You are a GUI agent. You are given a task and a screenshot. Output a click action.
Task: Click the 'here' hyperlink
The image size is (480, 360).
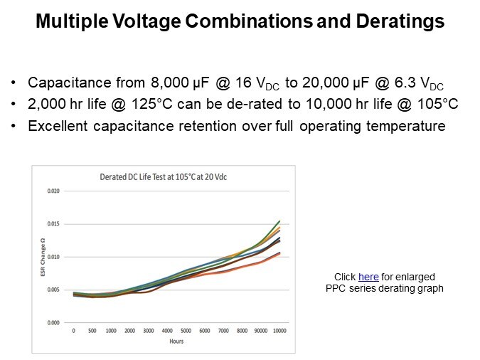(368, 277)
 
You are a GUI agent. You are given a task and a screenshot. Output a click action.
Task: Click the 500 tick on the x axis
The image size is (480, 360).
(92, 332)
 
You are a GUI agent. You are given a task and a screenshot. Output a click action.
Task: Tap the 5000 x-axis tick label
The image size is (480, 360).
(186, 332)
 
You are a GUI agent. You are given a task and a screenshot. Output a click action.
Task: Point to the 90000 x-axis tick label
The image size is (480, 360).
(261, 332)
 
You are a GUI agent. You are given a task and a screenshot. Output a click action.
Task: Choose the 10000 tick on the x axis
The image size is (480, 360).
(279, 332)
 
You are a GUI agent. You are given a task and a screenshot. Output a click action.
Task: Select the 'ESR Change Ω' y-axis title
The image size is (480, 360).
(41, 256)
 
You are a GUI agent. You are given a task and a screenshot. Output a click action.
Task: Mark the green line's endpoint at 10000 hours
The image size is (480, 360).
(279, 221)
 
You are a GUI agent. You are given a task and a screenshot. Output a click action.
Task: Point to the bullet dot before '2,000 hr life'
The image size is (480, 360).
(15, 105)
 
